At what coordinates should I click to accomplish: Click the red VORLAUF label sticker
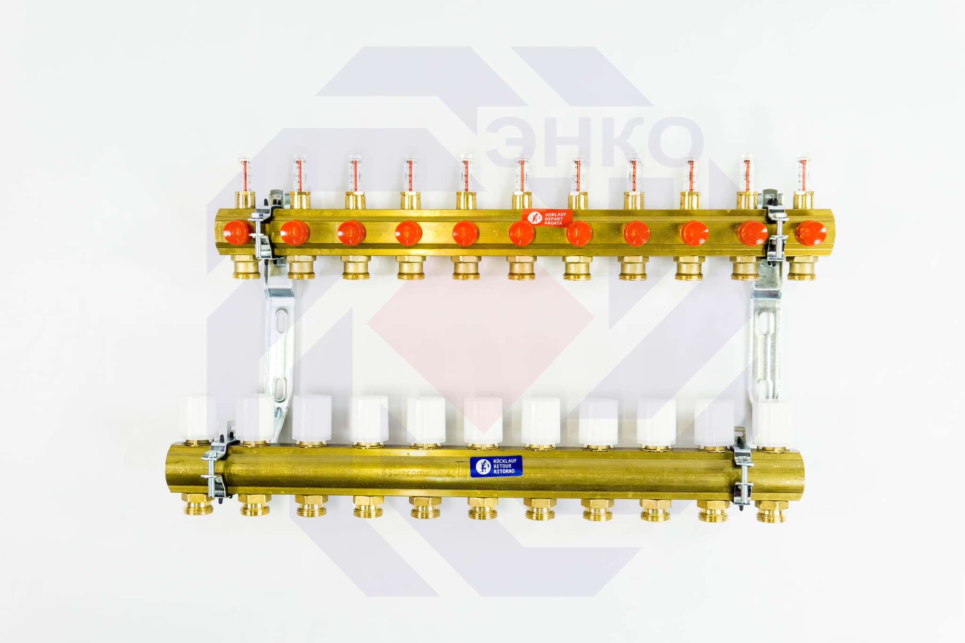click(x=548, y=219)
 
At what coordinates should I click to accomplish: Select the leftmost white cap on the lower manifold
click(x=198, y=416)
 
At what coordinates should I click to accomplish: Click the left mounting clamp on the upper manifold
click(x=262, y=226)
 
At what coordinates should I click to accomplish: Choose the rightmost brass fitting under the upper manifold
click(x=802, y=268)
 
